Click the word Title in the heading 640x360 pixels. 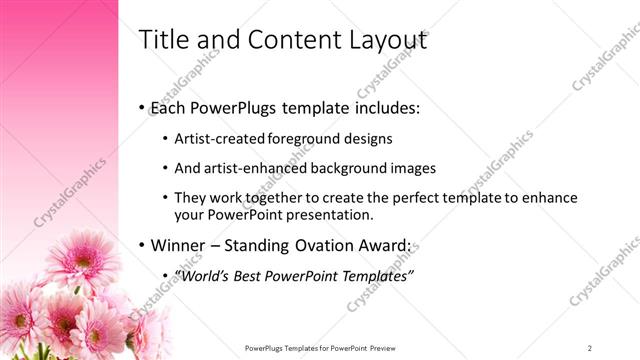[159, 40]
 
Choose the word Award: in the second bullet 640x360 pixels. [384, 245]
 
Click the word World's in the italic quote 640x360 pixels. [204, 275]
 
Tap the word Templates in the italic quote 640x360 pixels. [376, 275]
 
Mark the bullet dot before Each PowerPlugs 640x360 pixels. [141, 108]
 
